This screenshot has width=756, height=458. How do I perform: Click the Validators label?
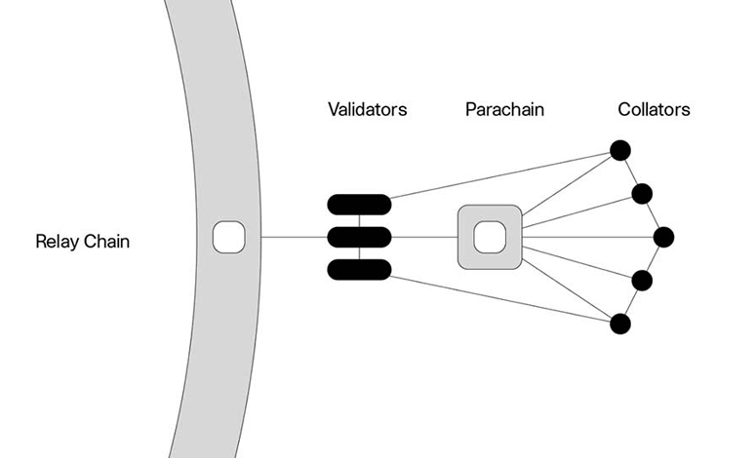click(367, 109)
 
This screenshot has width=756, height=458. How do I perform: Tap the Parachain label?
click(504, 109)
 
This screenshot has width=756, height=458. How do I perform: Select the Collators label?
click(654, 109)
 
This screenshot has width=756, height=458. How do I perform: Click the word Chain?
click(106, 242)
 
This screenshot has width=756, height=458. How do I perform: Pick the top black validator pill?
click(359, 204)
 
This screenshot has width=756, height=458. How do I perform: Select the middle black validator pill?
click(359, 237)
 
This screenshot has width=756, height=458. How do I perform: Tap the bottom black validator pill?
click(359, 269)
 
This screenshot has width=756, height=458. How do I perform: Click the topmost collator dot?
click(619, 150)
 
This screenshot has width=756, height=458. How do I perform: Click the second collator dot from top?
click(642, 193)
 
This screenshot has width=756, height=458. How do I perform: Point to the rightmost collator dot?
click(664, 237)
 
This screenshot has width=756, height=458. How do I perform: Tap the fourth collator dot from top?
click(642, 281)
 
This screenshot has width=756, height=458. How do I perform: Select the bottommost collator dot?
click(619, 324)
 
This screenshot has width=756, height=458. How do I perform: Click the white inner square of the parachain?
click(488, 237)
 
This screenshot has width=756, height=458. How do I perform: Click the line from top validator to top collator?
click(497, 178)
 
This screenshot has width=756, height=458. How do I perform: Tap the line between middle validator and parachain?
click(424, 237)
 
